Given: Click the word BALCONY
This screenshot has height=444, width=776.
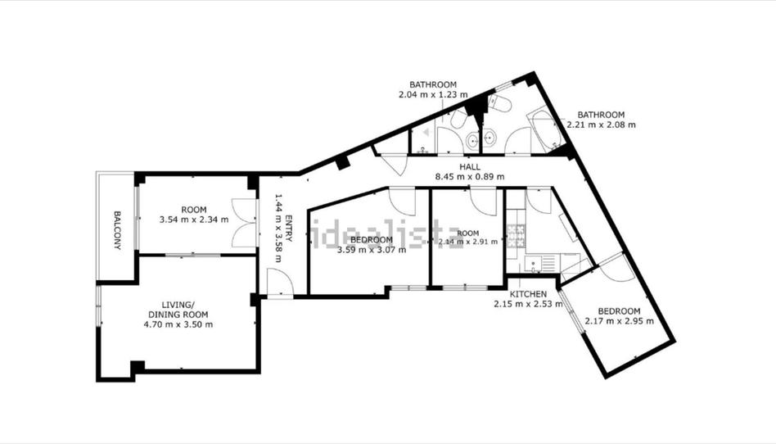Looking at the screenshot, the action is point(117,230).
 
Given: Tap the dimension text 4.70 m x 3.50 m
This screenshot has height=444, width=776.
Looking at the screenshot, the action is point(178,324).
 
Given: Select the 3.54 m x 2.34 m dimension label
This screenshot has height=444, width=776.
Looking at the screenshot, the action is point(194,219).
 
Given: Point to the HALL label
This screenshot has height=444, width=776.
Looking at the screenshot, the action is point(470,167).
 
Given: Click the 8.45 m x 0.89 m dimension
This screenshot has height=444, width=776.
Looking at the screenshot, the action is point(470,176).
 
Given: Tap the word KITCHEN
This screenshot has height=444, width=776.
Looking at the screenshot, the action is point(529,294).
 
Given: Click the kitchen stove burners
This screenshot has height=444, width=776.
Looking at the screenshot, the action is point(517,237).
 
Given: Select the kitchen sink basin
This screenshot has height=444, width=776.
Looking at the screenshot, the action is point(534,263).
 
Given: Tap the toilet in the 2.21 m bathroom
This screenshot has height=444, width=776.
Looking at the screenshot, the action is point(500,104).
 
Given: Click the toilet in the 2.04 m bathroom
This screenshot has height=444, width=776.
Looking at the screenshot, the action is point(458,119).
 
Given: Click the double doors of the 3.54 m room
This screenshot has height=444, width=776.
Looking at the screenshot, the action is point(245,223).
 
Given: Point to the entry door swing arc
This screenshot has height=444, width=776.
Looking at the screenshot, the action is point(280,282).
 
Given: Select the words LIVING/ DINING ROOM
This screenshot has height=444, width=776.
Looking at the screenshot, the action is point(178,310).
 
